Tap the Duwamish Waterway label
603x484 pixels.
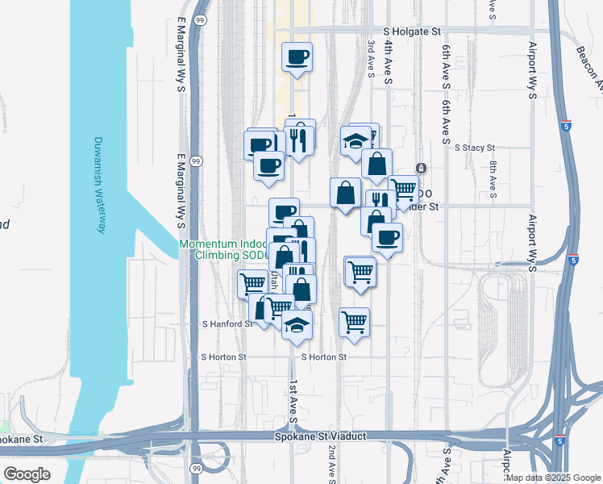pyautogui.click(x=99, y=185)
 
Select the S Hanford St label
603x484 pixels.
pyautogui.click(x=227, y=324)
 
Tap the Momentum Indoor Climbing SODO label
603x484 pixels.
pyautogui.click(x=223, y=249)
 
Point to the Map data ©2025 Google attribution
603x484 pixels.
pyautogui.click(x=552, y=478)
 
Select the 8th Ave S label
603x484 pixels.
pyautogui.click(x=493, y=178)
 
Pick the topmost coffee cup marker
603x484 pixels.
pyautogui.click(x=297, y=56)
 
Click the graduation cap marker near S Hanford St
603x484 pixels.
pyautogui.click(x=297, y=324)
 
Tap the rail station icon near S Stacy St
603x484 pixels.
pyautogui.click(x=420, y=168)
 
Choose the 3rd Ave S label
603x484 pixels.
pyautogui.click(x=371, y=59)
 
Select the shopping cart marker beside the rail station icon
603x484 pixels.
pyautogui.click(x=403, y=190)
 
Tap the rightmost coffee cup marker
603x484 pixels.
pyautogui.click(x=387, y=238)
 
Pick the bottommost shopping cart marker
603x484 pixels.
pyautogui.click(x=354, y=323)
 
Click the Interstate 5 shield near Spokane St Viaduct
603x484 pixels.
pyautogui.click(x=559, y=441)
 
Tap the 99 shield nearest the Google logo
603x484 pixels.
pyautogui.click(x=196, y=467)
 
